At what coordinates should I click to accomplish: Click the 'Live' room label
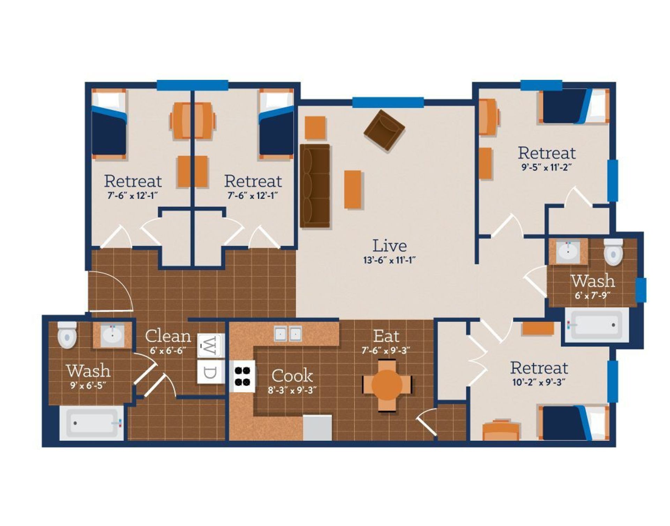click(x=389, y=246)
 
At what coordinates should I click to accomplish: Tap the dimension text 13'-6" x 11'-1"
click(x=389, y=260)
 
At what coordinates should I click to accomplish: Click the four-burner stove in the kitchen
click(x=243, y=376)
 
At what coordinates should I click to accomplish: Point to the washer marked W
click(x=209, y=346)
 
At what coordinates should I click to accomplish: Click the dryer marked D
click(x=209, y=372)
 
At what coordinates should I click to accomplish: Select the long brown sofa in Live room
click(x=315, y=185)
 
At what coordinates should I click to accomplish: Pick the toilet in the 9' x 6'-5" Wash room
click(x=67, y=335)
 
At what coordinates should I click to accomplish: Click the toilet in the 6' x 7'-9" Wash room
click(x=613, y=252)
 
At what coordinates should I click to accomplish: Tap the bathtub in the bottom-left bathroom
click(x=92, y=423)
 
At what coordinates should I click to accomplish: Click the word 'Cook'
click(x=292, y=376)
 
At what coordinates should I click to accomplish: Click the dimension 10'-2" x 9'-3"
click(x=539, y=382)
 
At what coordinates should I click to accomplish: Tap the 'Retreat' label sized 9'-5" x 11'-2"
click(x=546, y=153)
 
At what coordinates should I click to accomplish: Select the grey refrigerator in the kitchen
click(x=317, y=428)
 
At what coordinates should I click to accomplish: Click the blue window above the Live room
click(x=388, y=102)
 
